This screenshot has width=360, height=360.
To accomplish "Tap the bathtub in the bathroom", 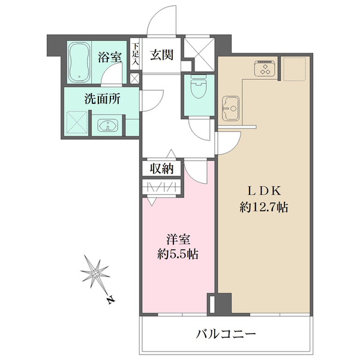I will [79, 62].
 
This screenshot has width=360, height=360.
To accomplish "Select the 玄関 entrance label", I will [162, 56].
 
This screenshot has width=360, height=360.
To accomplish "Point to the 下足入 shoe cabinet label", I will [136, 53].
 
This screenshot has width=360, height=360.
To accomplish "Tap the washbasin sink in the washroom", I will [107, 125].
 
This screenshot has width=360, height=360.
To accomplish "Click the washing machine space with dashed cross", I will [76, 123].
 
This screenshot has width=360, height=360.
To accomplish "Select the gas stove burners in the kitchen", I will [264, 69].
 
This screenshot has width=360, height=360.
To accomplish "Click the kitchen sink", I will [230, 108].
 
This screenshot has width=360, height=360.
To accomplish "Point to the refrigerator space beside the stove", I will [294, 69].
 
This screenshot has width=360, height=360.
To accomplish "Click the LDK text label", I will [261, 191].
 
